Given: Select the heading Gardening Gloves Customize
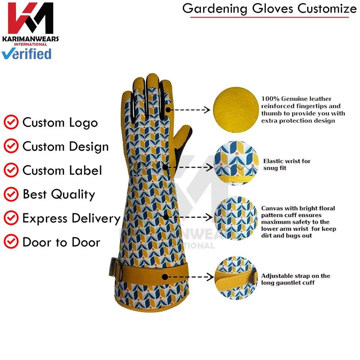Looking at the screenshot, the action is pos(269,9).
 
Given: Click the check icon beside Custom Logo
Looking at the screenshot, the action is pos(11,122).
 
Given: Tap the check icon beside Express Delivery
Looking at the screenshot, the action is pos(11,218).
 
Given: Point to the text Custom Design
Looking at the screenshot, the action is pos(65,146).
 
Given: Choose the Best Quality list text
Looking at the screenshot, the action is pos(59,194).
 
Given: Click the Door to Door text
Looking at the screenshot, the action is pos(61,242).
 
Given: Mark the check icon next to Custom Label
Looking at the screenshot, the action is pos(11,170).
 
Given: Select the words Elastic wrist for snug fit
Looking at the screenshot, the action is pos(287,165).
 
